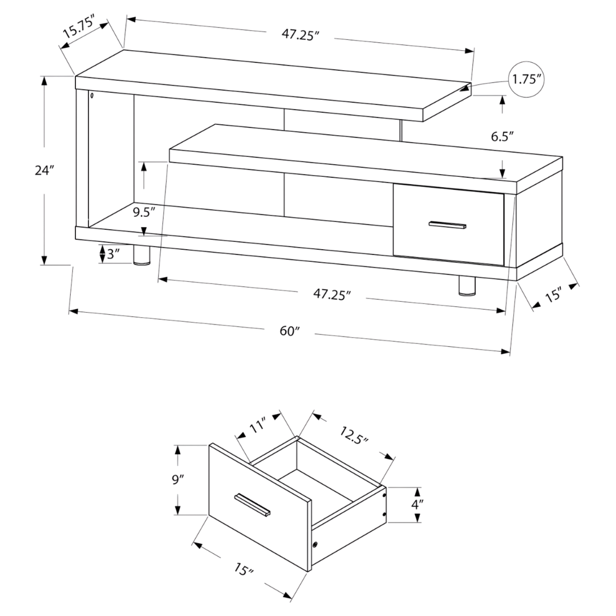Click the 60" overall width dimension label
click(x=290, y=331)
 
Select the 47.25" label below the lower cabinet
click(x=331, y=294)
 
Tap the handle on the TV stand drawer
click(x=448, y=225)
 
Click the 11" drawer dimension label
click(x=257, y=426)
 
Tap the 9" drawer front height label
click(x=178, y=480)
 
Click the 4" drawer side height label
click(x=418, y=504)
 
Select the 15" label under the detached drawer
click(x=244, y=569)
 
